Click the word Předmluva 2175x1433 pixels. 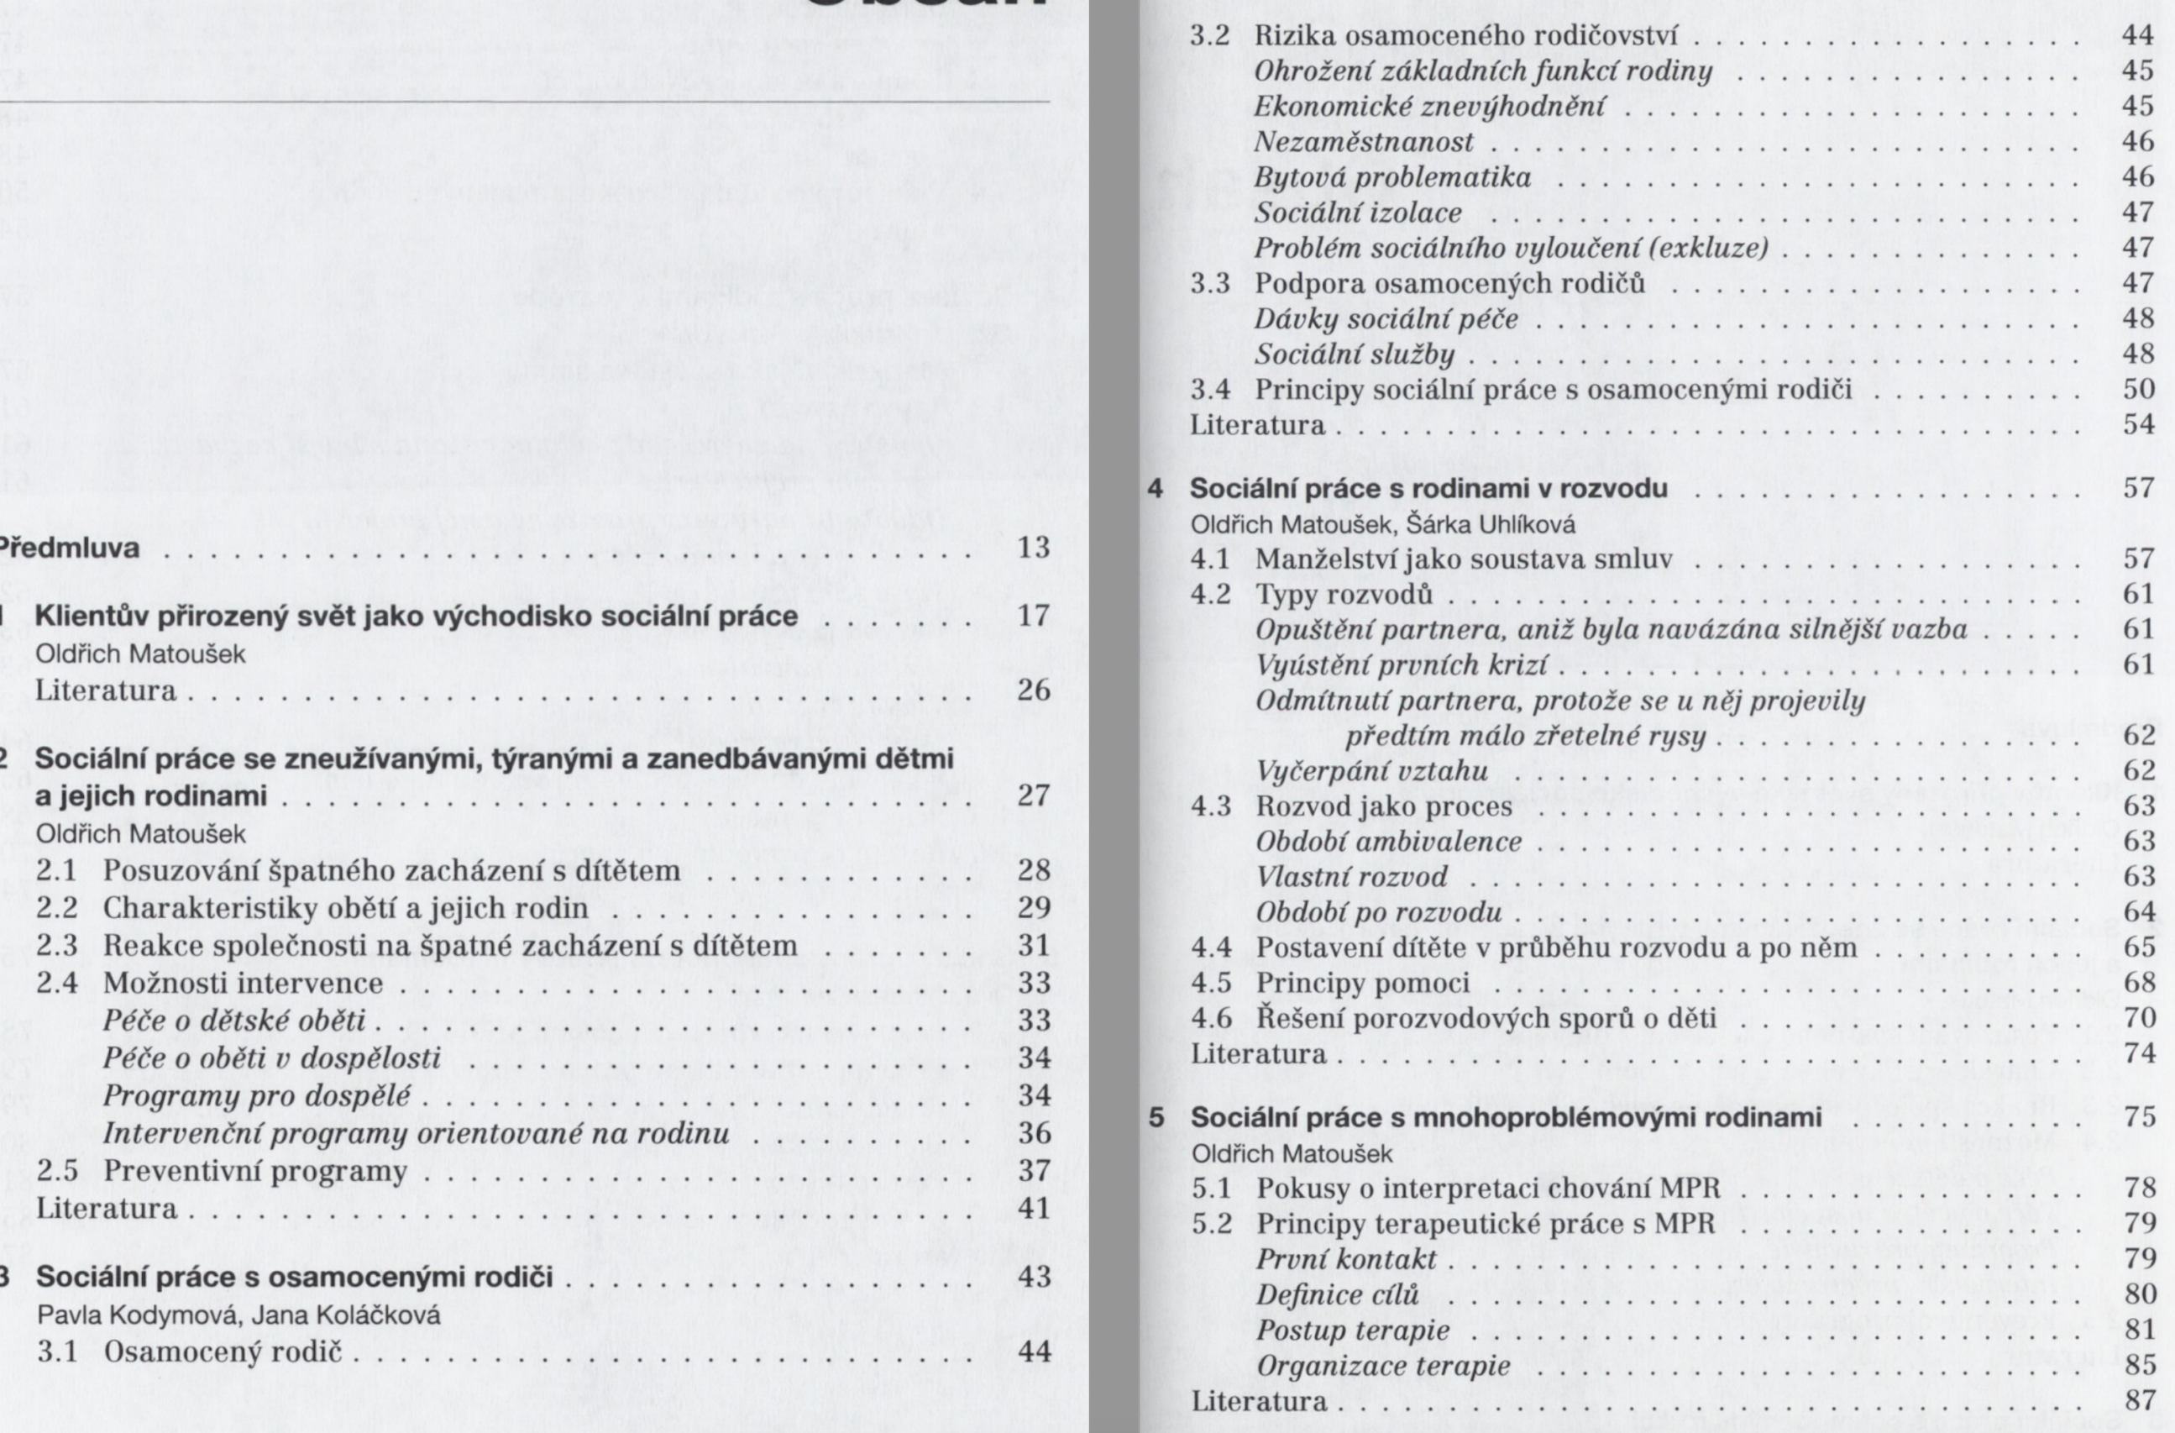coord(68,549)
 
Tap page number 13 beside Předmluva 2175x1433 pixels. coord(1034,549)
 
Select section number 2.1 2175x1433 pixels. coord(56,871)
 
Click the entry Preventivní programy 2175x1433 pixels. coord(255,1172)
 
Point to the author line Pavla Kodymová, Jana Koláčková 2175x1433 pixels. coord(238,1315)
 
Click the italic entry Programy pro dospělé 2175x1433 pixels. coord(257,1096)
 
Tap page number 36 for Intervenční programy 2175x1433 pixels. coord(1034,1134)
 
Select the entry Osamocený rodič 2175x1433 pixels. coord(223,1352)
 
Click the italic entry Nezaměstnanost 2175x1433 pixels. coord(1364,143)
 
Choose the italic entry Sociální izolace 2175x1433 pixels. coord(1358,213)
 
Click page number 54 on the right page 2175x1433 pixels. coord(2138,425)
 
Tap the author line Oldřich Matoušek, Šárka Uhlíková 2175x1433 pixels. coord(1382,525)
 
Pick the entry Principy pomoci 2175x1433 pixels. coord(1363,984)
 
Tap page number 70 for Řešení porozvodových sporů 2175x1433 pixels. coord(2138,1018)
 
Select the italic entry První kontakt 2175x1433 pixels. coord(1346,1259)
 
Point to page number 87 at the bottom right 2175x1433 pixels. coord(2138,1401)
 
